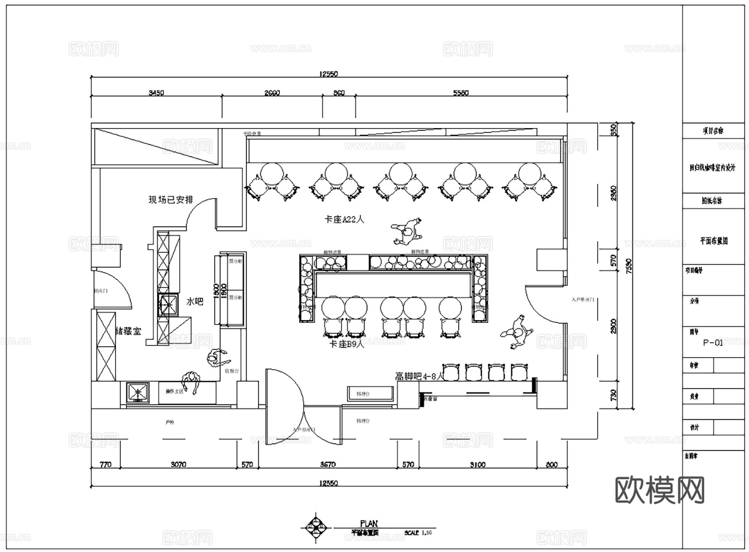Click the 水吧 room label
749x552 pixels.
[195, 302]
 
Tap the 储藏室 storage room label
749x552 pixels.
[128, 331]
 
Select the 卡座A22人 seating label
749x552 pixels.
[344, 219]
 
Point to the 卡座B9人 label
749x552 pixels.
[347, 344]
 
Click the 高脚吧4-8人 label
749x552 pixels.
[419, 377]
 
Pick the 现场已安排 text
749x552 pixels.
[171, 200]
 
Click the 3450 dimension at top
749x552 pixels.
[156, 93]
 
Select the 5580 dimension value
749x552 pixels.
[460, 93]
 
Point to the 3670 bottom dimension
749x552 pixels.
[328, 464]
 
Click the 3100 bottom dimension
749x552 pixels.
[477, 464]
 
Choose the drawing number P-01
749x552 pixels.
[713, 342]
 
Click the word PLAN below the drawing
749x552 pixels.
[369, 523]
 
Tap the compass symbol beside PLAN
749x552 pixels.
[316, 528]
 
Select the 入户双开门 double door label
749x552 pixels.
[304, 429]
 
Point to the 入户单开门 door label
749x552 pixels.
[583, 300]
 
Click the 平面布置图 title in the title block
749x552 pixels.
[714, 241]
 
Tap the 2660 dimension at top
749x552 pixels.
[272, 93]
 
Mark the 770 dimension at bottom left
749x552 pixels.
[105, 464]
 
